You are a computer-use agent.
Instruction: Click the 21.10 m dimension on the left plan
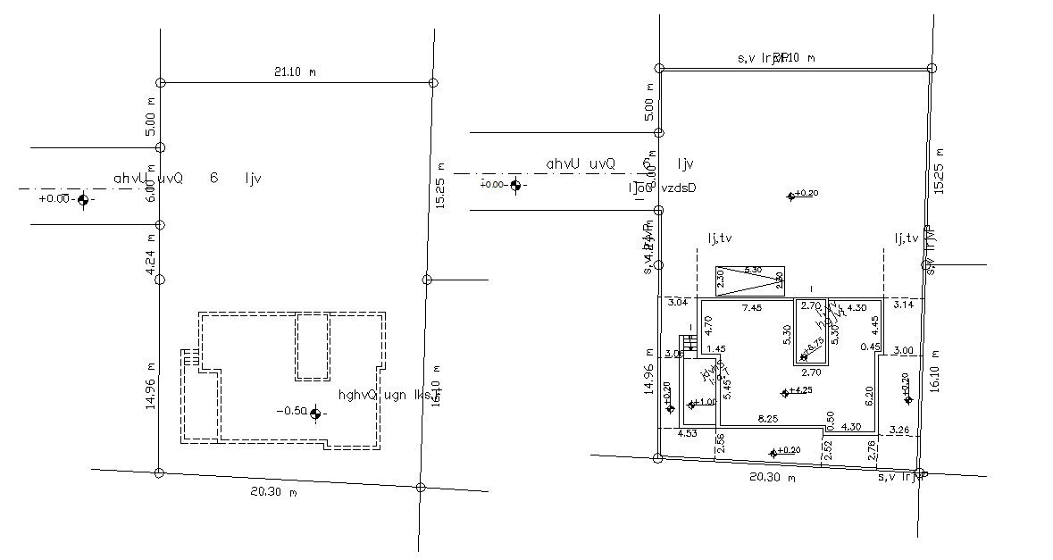coord(295,71)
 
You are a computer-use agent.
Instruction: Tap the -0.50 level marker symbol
coord(314,413)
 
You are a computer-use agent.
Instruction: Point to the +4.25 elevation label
coord(801,390)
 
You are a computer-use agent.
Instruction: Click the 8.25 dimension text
coord(767,418)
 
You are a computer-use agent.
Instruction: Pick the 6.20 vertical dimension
coord(868,391)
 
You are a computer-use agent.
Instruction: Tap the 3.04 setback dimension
coord(678,303)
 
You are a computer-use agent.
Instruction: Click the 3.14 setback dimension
coord(905,305)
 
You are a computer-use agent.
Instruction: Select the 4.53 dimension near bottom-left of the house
coord(687,434)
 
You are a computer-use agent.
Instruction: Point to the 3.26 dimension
coord(900,430)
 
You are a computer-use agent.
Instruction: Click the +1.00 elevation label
coord(706,403)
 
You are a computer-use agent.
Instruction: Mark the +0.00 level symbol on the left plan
coord(83,200)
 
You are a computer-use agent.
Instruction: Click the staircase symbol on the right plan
coord(687,344)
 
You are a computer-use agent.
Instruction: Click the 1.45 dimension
coord(715,348)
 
